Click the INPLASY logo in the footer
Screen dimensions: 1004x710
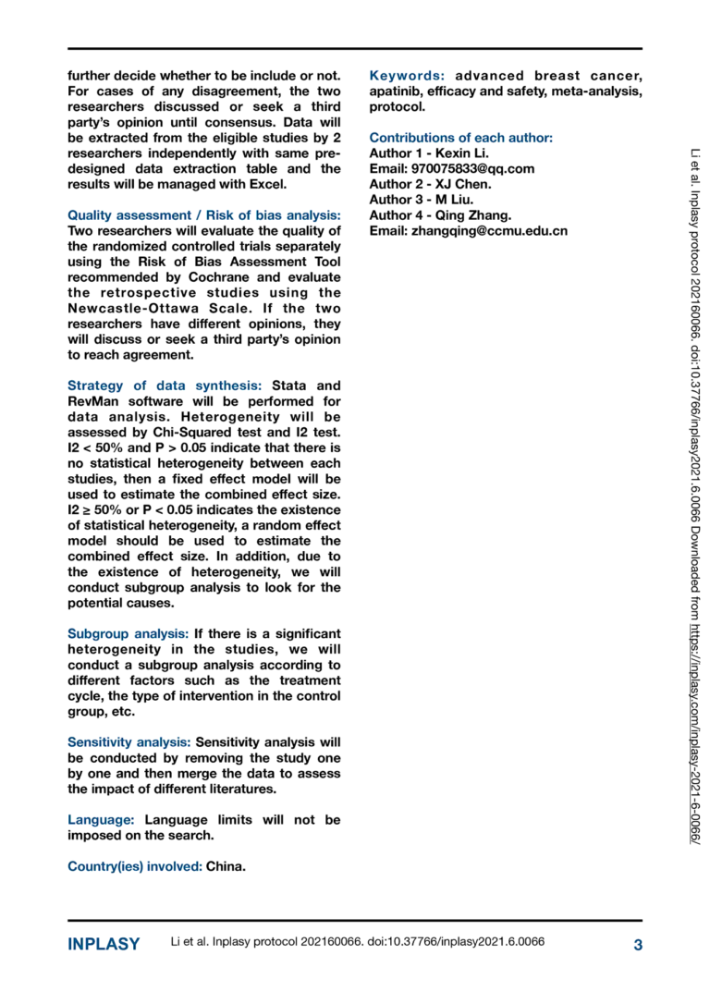coord(104,944)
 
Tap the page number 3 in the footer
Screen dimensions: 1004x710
coord(637,944)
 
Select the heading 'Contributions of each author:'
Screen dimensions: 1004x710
coord(460,138)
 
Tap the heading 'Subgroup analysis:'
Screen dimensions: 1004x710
coord(129,633)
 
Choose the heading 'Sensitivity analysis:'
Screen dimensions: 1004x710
coord(129,742)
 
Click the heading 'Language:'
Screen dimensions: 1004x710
coord(102,820)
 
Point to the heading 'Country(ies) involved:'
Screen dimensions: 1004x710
coord(134,867)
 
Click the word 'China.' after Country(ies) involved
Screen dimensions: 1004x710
coord(226,867)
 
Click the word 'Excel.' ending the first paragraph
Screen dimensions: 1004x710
coord(267,184)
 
